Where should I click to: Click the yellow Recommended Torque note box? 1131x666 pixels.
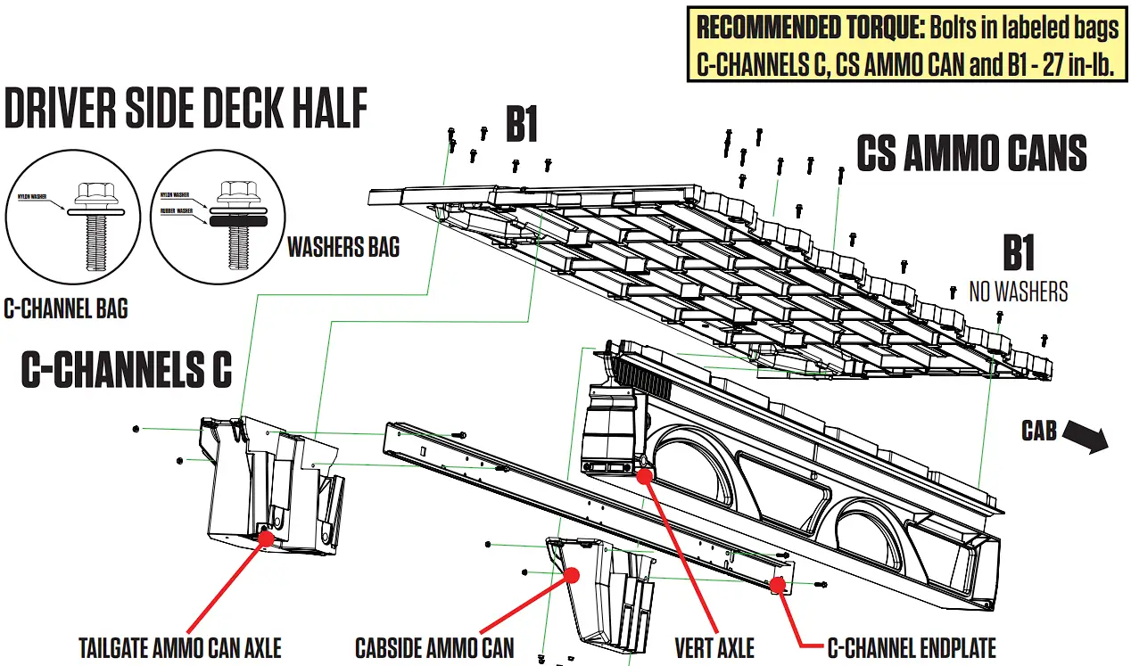pyautogui.click(x=908, y=45)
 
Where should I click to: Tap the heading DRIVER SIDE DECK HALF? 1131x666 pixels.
pyautogui.click(x=186, y=110)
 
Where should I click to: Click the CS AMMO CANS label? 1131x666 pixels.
pyautogui.click(x=971, y=154)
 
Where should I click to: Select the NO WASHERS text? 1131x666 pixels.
pyautogui.click(x=1018, y=291)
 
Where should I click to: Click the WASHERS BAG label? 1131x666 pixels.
pyautogui.click(x=343, y=247)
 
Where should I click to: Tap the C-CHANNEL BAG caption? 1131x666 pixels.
pyautogui.click(x=66, y=308)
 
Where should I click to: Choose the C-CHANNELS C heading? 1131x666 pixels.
pyautogui.click(x=127, y=370)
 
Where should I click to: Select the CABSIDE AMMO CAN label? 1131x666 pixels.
pyautogui.click(x=434, y=646)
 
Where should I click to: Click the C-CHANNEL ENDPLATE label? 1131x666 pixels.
pyautogui.click(x=912, y=646)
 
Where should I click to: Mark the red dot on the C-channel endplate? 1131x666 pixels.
pyautogui.click(x=777, y=584)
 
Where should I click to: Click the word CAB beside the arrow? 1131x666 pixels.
pyautogui.click(x=1039, y=432)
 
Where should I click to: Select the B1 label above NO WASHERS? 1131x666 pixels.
pyautogui.click(x=1018, y=254)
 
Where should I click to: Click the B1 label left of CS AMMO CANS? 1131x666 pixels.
pyautogui.click(x=522, y=126)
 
